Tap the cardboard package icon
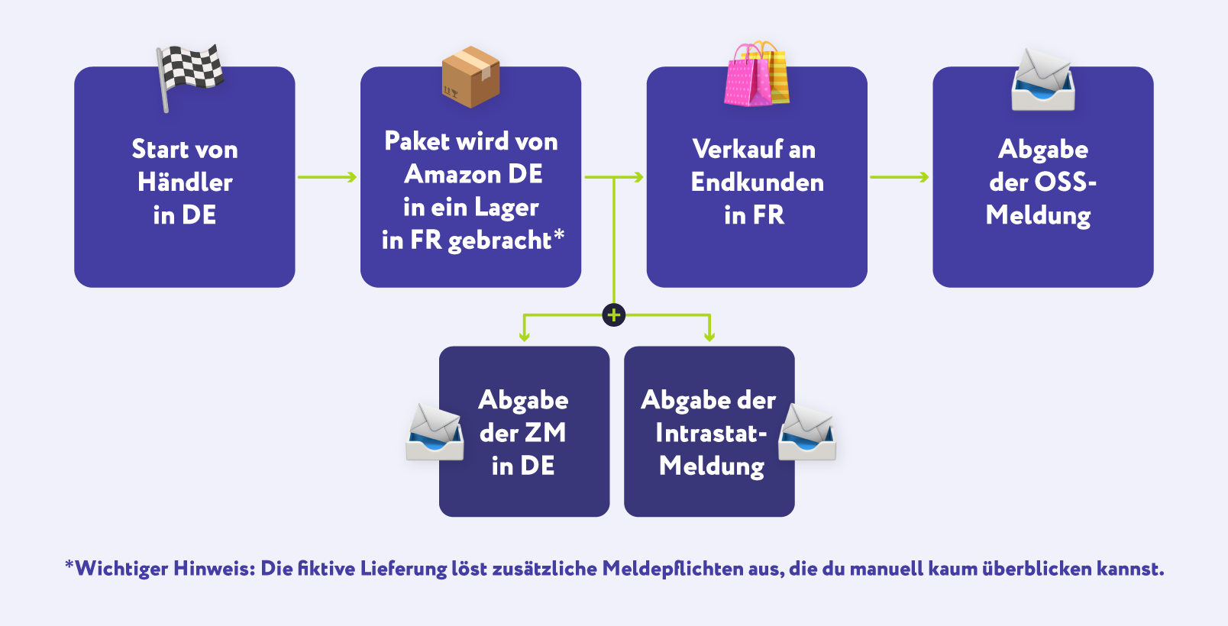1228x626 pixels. pos(470,76)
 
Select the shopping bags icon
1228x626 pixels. pos(756,74)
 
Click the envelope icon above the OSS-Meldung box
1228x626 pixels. pos(1043,80)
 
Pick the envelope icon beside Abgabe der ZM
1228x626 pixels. pos(435,432)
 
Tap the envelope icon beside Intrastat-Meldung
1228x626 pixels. pos(807,432)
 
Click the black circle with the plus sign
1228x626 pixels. pos(614,315)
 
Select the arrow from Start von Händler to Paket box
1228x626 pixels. pos(327,177)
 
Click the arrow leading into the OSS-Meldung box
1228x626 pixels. pos(900,177)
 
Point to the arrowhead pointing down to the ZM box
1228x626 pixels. pos(524,336)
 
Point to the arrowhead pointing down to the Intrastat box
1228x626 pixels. pos(709,336)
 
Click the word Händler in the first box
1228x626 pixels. pos(185,182)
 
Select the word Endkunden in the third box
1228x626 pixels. pos(757,182)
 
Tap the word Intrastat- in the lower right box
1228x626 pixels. pos(711,434)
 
